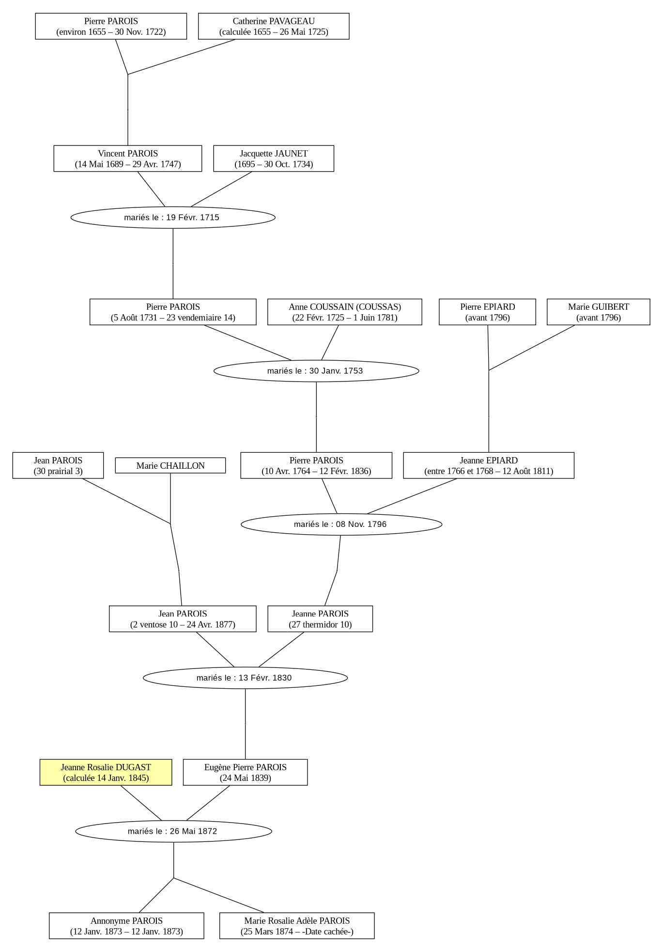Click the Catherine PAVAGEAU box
coord(274,26)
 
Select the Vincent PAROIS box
coord(128,159)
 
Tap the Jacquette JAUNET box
coord(274,159)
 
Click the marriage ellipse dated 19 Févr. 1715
coord(173,217)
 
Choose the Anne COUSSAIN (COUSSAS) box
coord(345,312)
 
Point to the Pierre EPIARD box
coord(487,312)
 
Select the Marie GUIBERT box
coord(599,312)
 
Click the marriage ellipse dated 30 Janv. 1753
coord(316,371)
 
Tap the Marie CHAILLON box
coord(170,465)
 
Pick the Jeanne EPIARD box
coord(489,465)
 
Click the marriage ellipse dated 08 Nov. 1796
coord(341,524)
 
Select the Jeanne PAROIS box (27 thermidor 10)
coord(320,619)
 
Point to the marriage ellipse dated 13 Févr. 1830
coord(245,678)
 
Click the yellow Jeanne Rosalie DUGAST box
coord(106,772)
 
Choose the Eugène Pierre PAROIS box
coord(245,772)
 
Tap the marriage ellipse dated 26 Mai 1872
coord(173,831)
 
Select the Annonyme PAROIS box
coord(126,926)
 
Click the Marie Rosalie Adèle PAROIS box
coord(297,926)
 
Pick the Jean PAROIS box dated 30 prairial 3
coord(58,465)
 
